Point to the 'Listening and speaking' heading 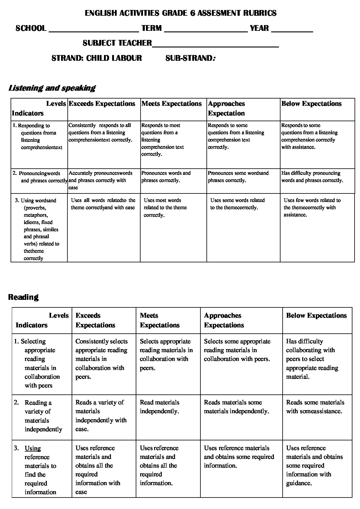point(52,88)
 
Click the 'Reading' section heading point(23,297)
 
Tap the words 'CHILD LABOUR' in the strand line point(114,58)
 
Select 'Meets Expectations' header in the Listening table point(171,104)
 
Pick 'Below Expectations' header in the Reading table point(316,316)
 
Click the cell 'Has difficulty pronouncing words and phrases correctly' point(312,177)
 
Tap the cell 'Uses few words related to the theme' point(312,207)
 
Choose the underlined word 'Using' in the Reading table point(33,448)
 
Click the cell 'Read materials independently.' point(159,407)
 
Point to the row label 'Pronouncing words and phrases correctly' point(41,177)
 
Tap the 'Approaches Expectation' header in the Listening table point(226,108)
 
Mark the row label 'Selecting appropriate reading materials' point(39,363)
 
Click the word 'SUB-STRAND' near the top point(189,58)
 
